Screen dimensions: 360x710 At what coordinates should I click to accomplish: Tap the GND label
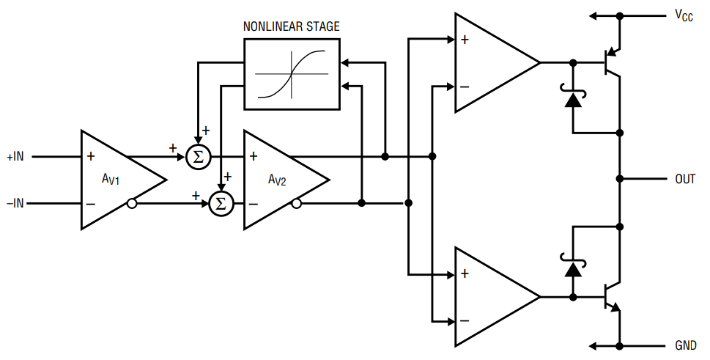pos(685,345)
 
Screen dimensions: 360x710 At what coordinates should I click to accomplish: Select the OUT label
pos(685,179)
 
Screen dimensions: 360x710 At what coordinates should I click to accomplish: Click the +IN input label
pos(15,157)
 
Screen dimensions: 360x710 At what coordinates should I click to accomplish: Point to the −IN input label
pos(15,203)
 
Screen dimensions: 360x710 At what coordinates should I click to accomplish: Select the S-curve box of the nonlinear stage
pos(292,74)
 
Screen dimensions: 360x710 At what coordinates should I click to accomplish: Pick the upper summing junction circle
pos(198,157)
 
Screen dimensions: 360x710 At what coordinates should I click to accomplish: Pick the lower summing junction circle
pos(221,203)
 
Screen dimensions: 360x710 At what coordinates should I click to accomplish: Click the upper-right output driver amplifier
pos(491,63)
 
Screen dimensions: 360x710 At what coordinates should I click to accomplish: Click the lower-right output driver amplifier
pos(491,297)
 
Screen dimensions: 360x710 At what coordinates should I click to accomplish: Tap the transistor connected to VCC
pos(610,63)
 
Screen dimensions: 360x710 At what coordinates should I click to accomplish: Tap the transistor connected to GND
pos(610,296)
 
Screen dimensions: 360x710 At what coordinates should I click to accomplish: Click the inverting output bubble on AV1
pos(132,203)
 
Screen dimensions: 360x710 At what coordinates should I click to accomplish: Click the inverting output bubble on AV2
pos(295,203)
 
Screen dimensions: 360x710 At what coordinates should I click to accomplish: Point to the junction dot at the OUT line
pos(620,179)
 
